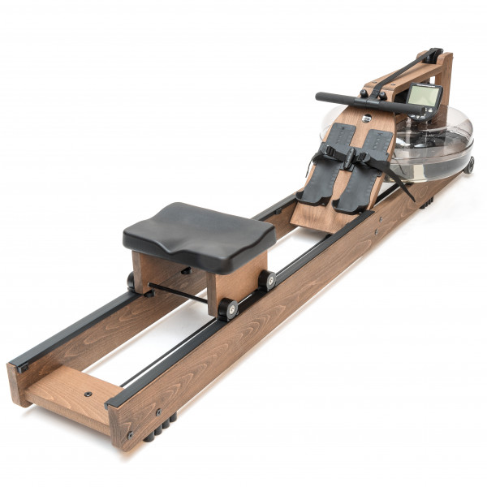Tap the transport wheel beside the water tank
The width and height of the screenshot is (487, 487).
point(469,165)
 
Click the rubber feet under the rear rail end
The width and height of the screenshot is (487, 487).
point(158,431)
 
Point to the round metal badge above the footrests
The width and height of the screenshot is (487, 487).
point(366,119)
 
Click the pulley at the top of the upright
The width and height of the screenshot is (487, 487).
point(435,57)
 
